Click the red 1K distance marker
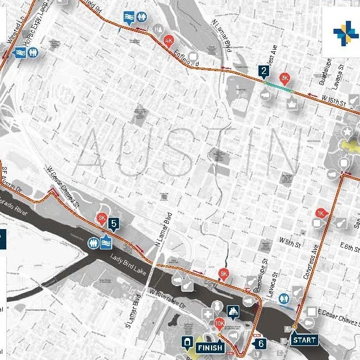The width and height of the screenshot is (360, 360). pyautogui.click(x=321, y=213)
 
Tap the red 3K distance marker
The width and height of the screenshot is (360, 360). pyautogui.click(x=284, y=77)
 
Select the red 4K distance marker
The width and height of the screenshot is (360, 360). pyautogui.click(x=169, y=40)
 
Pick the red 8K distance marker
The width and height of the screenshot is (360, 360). pyautogui.click(x=102, y=218)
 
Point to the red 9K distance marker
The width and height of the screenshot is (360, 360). pyautogui.click(x=224, y=274)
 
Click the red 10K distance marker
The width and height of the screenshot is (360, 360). pyautogui.click(x=220, y=323)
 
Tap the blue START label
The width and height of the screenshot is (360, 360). pyautogui.click(x=304, y=340)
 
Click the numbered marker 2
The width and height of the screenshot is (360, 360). pyautogui.click(x=264, y=71)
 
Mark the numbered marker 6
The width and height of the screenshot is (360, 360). pyautogui.click(x=260, y=343)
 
